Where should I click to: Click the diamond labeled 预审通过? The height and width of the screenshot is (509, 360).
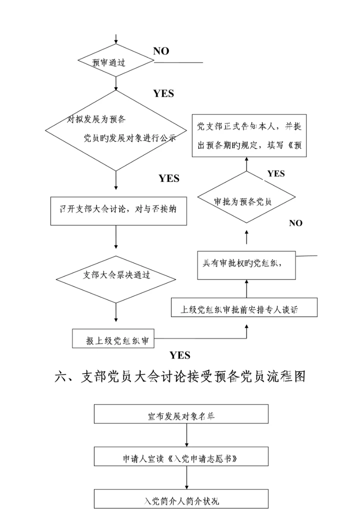click(x=116, y=61)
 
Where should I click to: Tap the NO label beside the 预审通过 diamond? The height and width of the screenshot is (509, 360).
click(x=161, y=51)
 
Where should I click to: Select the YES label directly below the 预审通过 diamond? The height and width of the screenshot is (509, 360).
click(x=163, y=93)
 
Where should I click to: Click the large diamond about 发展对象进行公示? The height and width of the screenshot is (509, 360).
click(x=116, y=130)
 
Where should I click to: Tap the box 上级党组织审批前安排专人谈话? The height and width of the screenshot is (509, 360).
click(x=244, y=308)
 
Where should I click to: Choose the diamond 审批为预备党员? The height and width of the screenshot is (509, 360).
click(x=246, y=201)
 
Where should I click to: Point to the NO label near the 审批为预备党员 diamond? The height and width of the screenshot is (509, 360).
click(x=295, y=223)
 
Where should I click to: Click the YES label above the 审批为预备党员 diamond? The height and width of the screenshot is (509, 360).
click(x=275, y=174)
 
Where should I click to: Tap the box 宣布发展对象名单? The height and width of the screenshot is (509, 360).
click(x=181, y=414)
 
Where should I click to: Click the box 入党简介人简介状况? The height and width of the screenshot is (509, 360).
click(x=181, y=499)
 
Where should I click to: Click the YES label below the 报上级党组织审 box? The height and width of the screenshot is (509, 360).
click(x=179, y=355)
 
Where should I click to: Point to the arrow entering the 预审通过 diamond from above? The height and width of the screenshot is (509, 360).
click(x=116, y=40)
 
